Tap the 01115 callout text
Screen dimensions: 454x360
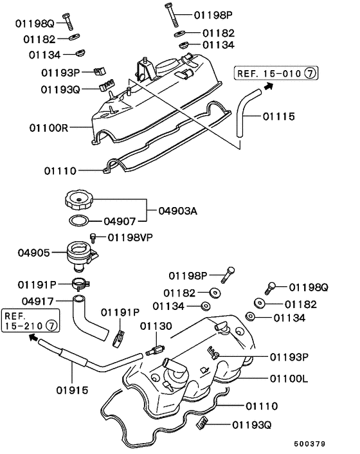tap(279, 116)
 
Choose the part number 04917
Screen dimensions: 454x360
tap(37, 300)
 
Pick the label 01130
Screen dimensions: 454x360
tap(156, 326)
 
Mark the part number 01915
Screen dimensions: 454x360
tap(73, 390)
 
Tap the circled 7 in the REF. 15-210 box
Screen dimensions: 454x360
tap(51, 327)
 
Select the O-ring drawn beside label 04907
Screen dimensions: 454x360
tap(79, 222)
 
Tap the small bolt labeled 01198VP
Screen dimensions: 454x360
tap(93, 239)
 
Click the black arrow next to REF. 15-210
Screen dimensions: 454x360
tap(32, 340)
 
